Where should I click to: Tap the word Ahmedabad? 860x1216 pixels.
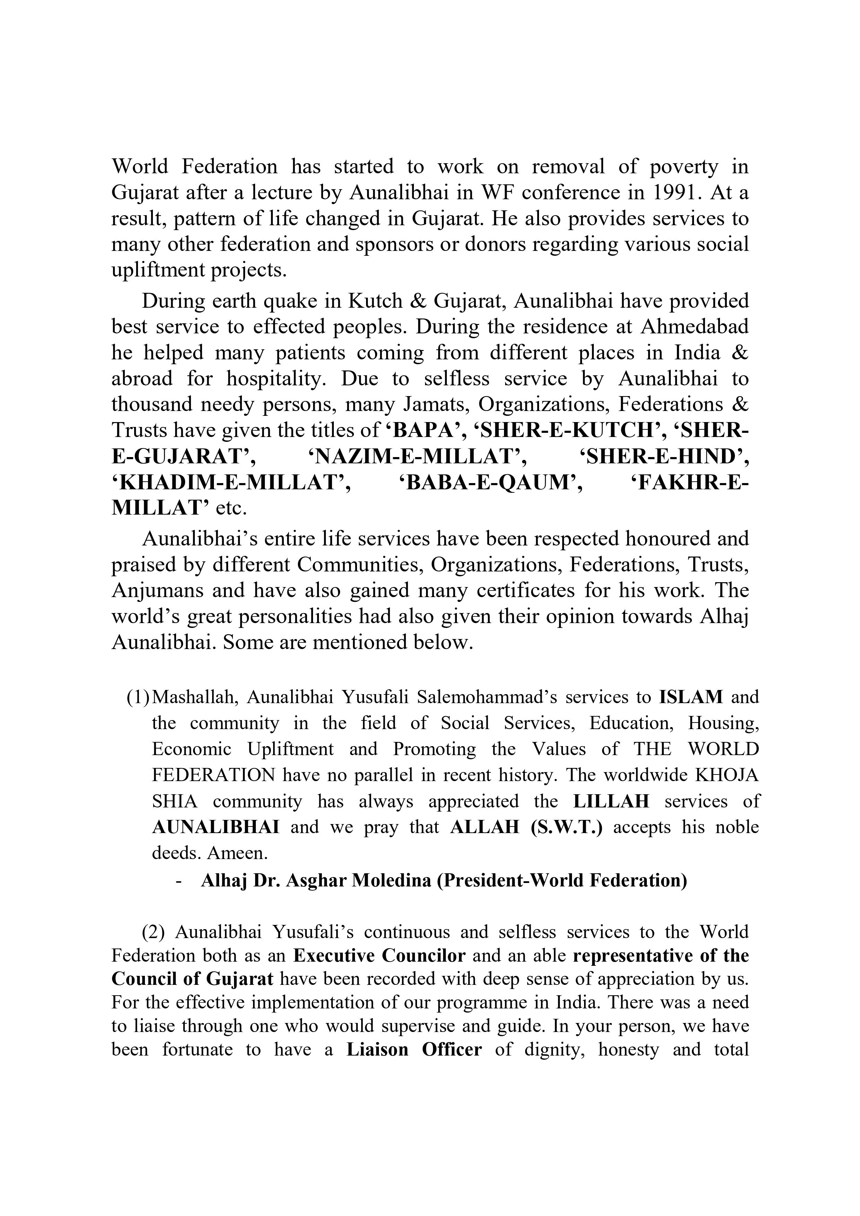[x=695, y=327]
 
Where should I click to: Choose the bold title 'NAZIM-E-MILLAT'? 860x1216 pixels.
[x=418, y=456]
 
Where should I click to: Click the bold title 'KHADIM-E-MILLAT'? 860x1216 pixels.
[x=231, y=482]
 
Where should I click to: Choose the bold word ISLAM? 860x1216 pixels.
[x=691, y=697]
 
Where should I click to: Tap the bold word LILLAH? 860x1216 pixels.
[x=611, y=801]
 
